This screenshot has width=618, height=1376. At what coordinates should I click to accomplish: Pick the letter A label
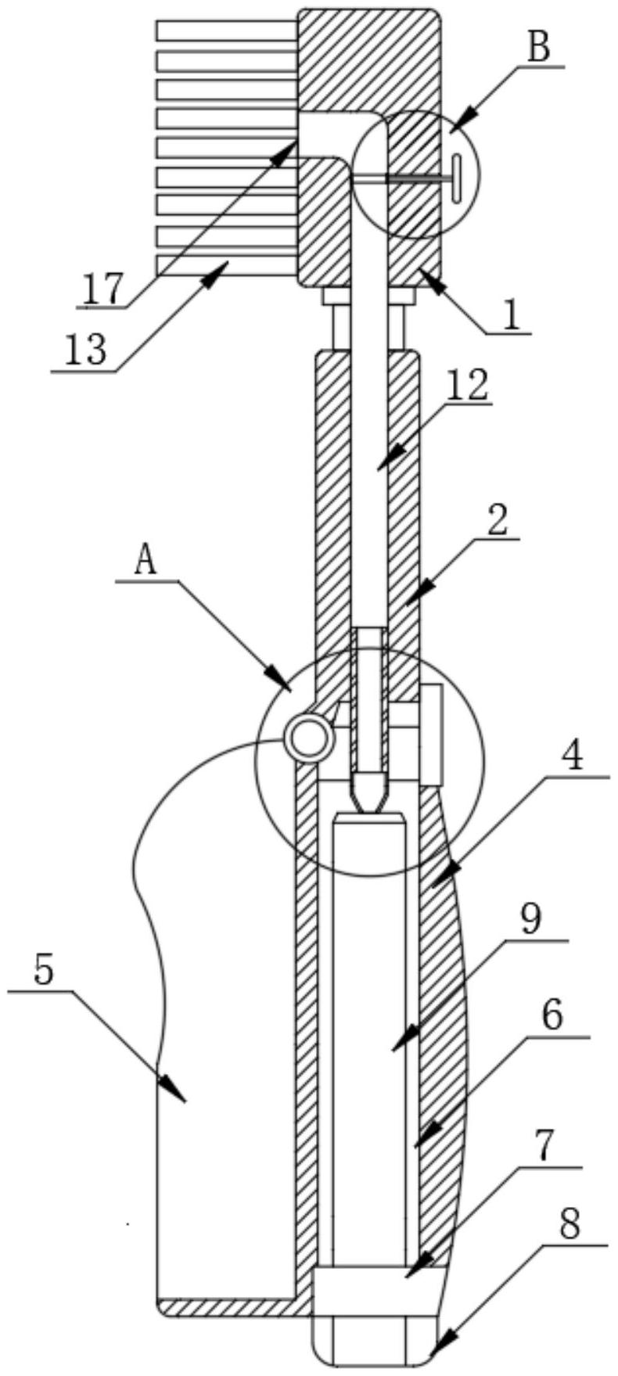tap(146, 562)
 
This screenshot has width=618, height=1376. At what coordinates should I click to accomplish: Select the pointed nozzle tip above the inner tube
tap(369, 792)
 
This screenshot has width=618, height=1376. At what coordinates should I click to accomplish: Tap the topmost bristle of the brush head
tap(227, 31)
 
